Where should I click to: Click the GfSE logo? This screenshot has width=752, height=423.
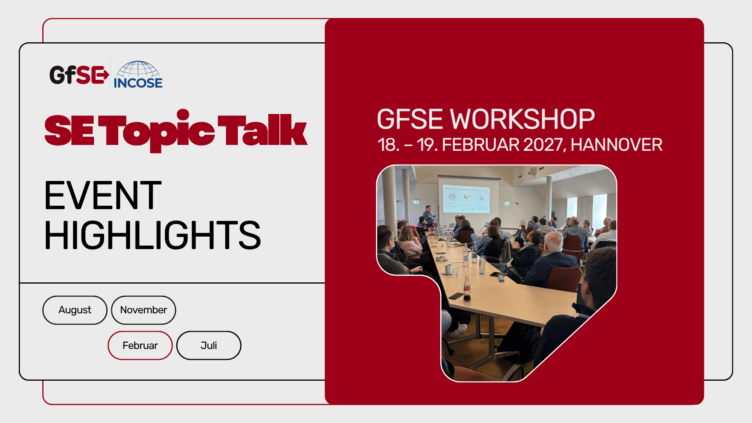[79, 74]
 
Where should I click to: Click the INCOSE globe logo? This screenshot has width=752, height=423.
[138, 74]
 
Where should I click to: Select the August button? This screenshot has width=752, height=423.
[75, 310]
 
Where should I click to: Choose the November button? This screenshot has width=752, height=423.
[143, 310]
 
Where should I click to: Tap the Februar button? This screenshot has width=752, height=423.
[140, 345]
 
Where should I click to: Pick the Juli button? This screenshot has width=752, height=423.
[209, 345]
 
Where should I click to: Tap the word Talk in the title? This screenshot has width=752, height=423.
[262, 130]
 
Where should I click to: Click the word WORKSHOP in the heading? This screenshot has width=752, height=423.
[522, 119]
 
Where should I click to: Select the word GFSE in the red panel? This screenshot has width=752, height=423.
[411, 119]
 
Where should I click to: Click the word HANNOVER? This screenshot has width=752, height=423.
[616, 145]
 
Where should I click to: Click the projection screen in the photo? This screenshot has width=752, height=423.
[466, 198]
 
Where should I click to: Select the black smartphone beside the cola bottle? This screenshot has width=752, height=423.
[456, 296]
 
